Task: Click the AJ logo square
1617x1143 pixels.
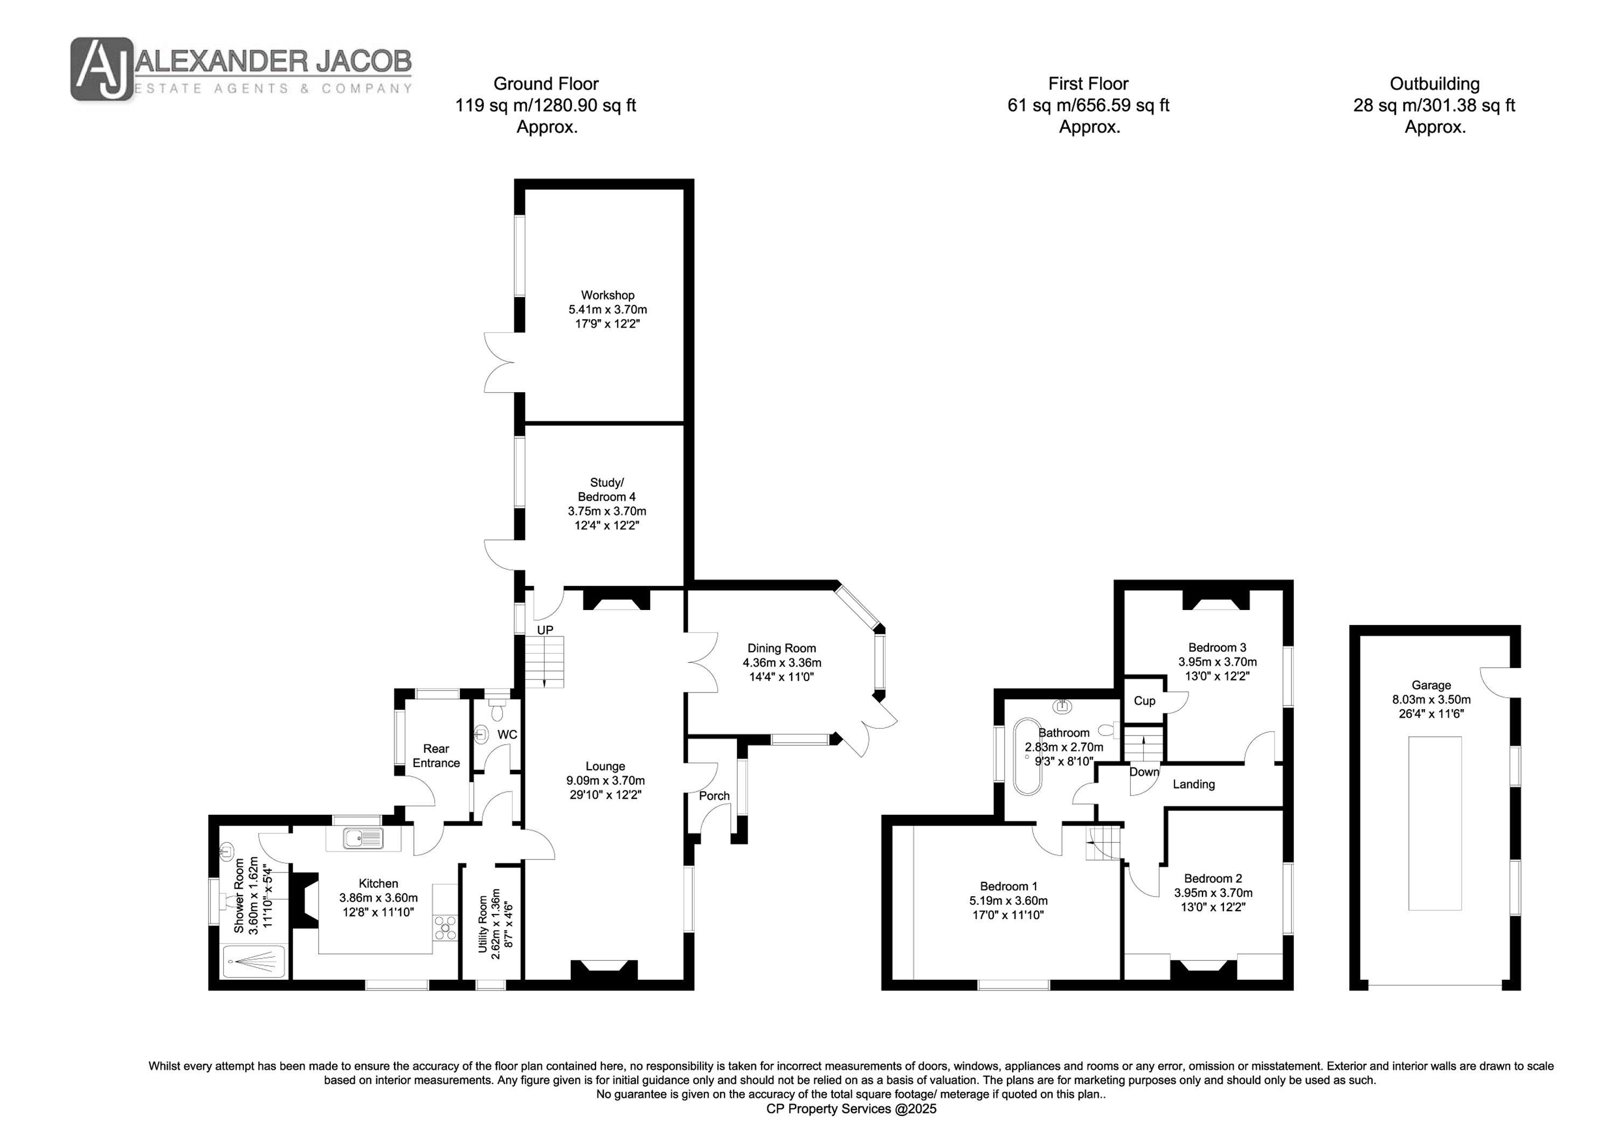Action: point(101,69)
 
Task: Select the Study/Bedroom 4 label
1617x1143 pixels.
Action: point(606,489)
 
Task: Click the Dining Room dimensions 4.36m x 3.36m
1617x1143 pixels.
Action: point(782,663)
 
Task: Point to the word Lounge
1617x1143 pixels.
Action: point(605,766)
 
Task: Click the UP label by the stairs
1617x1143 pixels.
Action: point(545,631)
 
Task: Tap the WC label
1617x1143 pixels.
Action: point(507,735)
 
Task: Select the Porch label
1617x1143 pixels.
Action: point(714,796)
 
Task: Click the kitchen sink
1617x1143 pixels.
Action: point(363,838)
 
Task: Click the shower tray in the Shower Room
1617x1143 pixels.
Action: point(254,961)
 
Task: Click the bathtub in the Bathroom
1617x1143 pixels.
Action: point(1027,757)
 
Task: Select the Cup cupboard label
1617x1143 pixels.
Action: point(1144,701)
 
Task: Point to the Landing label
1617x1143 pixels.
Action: point(1194,784)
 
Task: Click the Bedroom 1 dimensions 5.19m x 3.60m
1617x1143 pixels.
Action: point(1008,900)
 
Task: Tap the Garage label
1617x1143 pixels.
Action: point(1431,685)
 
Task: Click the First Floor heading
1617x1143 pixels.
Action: point(1088,84)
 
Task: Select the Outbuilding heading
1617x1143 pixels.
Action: point(1435,84)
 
